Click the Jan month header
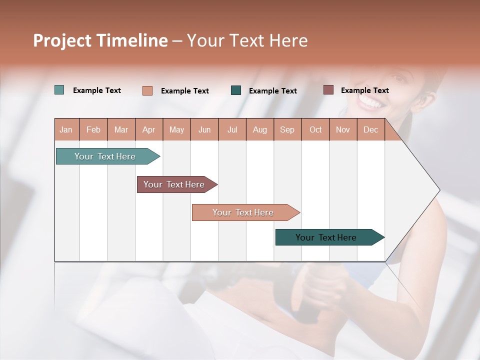66,129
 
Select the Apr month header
149,129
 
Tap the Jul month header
232,129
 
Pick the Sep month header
287,129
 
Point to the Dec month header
370,129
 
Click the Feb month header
93,129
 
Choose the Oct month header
315,129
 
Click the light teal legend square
59,90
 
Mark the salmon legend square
147,90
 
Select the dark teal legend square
236,90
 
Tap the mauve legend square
328,90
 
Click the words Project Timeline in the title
100,40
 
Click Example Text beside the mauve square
364,90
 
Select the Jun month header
204,129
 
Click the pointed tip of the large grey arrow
438,190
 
